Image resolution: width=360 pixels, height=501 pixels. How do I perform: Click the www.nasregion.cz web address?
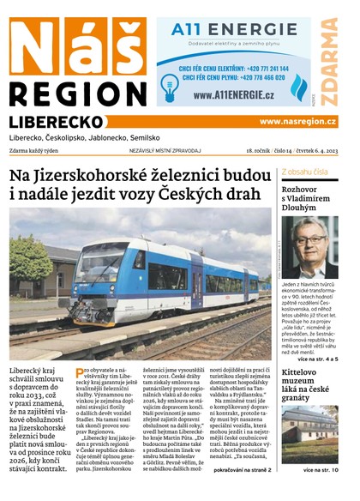click(x=297, y=122)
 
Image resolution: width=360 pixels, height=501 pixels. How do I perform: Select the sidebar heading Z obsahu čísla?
click(x=304, y=172)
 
